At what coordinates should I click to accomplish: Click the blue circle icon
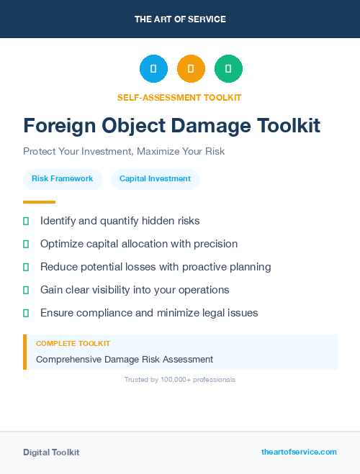(153, 69)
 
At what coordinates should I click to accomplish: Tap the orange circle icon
(191, 69)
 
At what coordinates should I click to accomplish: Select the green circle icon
(228, 69)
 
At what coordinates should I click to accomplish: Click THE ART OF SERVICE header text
(180, 19)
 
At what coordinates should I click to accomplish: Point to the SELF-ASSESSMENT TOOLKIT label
(179, 97)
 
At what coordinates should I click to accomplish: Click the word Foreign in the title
(60, 126)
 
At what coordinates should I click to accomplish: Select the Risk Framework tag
(63, 178)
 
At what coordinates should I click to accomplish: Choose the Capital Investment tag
(155, 178)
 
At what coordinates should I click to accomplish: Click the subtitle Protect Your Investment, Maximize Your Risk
(124, 152)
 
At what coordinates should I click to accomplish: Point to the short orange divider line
(39, 202)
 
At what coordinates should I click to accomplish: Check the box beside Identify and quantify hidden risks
(26, 221)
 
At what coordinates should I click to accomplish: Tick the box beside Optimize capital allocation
(26, 244)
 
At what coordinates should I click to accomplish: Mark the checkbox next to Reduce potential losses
(26, 267)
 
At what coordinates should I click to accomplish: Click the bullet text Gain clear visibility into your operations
(135, 290)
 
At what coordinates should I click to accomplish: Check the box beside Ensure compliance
(26, 313)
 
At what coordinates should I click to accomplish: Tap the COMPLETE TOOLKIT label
(73, 344)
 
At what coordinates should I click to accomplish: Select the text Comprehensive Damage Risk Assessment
(125, 359)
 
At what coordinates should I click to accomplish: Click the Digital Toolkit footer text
(51, 452)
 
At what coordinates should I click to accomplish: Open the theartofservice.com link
(299, 452)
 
